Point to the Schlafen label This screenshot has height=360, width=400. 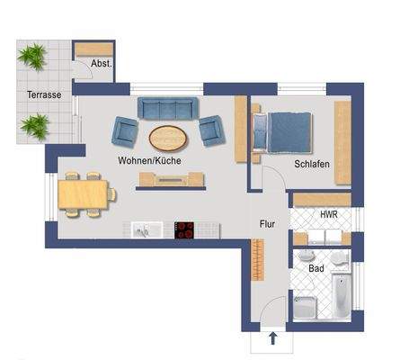coord(311,165)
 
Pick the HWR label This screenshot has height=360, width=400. coord(329,214)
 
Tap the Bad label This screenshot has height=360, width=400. coord(316,268)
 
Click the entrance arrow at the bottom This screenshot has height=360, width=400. coord(271,339)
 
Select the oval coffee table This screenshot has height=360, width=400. coord(169,138)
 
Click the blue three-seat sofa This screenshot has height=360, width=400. coord(170,109)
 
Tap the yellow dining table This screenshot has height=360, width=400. coord(84,192)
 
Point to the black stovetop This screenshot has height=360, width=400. coord(186,229)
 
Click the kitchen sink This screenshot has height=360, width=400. coord(143,230)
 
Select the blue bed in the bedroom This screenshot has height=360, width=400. coord(287,130)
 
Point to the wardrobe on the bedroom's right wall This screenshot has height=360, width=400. coord(342,130)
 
